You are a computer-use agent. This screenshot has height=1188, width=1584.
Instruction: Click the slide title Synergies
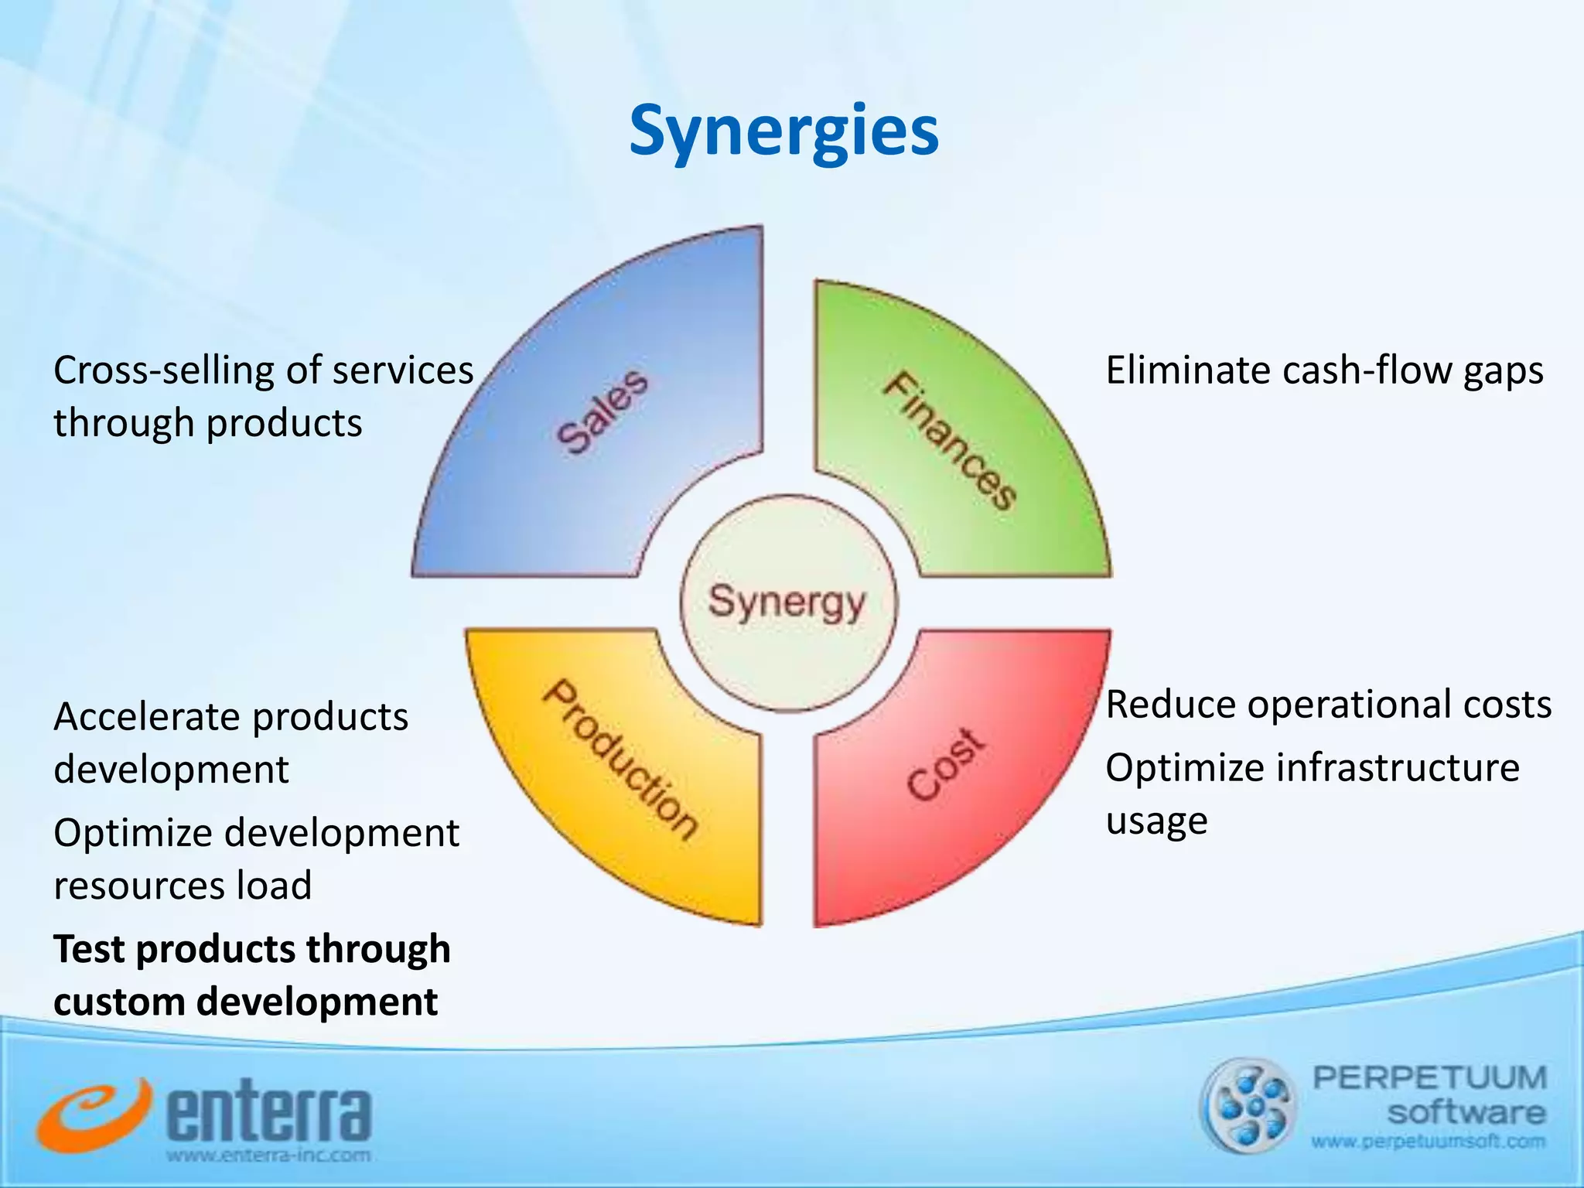click(x=783, y=131)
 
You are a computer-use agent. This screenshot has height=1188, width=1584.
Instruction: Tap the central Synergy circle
click(x=787, y=603)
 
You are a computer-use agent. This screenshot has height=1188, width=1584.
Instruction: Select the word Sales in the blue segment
click(x=603, y=411)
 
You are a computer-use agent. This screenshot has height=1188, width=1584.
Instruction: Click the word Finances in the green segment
click(x=951, y=441)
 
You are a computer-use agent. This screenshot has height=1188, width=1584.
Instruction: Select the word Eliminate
click(x=1187, y=370)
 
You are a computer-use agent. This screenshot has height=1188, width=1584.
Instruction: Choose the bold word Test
click(x=88, y=949)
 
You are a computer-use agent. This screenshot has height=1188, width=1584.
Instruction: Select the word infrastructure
click(x=1397, y=769)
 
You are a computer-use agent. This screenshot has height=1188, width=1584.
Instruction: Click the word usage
click(x=1156, y=821)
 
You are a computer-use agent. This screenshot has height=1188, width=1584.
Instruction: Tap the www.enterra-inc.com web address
click(x=268, y=1156)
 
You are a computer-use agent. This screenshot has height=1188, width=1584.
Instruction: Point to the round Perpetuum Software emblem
click(x=1248, y=1105)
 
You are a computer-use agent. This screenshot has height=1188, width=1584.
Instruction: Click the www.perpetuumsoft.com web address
click(x=1428, y=1142)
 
